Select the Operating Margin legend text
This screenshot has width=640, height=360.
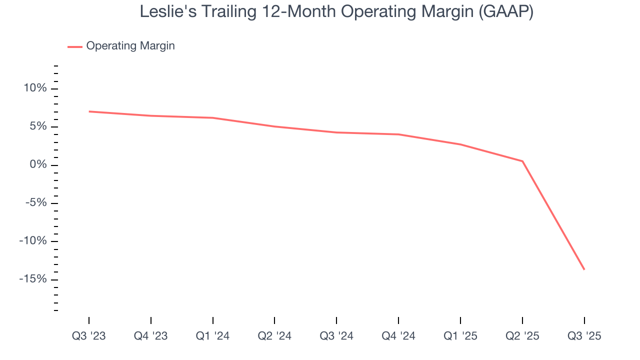130,46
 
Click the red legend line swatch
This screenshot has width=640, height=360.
75,46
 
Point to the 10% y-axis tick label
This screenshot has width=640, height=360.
34,88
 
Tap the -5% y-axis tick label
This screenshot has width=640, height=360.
35,203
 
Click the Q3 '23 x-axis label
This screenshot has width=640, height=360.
89,336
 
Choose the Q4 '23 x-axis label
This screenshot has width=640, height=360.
151,336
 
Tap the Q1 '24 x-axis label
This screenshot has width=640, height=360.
213,336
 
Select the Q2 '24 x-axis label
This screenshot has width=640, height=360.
274,336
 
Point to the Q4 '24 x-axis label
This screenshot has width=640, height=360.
398,336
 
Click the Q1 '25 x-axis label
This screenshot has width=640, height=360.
460,336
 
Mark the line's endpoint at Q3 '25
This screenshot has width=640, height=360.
584,269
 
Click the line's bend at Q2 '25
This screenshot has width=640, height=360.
522,161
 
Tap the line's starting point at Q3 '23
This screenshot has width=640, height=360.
89,111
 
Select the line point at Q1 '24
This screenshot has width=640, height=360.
213,118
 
